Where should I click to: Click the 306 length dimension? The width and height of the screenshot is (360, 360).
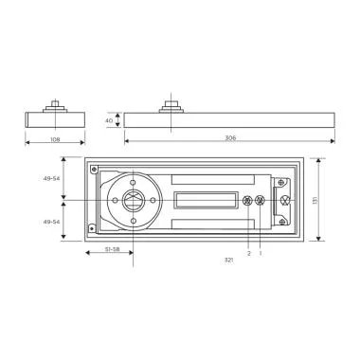click(229, 138)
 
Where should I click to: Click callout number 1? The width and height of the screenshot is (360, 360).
click(261, 253)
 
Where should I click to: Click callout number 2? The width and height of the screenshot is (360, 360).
click(249, 253)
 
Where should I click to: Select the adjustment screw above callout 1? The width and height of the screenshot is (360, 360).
click(261, 201)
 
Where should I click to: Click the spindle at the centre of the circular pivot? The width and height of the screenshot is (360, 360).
click(134, 201)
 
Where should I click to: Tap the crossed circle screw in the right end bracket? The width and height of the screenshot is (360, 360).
click(282, 201)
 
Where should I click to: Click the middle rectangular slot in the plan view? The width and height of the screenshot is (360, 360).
click(206, 201)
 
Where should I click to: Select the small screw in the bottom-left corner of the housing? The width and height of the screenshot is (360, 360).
click(92, 227)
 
